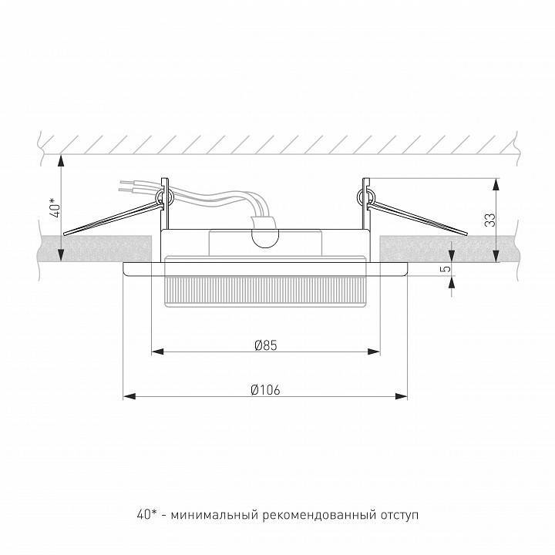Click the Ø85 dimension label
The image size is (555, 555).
pyautogui.click(x=265, y=345)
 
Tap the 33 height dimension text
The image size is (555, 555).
pyautogui.click(x=489, y=220)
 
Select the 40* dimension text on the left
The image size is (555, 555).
pyautogui.click(x=53, y=207)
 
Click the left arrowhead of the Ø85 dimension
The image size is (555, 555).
pyautogui.click(x=157, y=352)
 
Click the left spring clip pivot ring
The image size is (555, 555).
pyautogui.click(x=163, y=198)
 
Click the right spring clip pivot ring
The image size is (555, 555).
pyautogui.click(x=368, y=198)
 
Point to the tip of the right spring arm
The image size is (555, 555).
pyautogui.click(x=465, y=232)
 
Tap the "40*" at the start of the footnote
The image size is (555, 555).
pyautogui.click(x=143, y=513)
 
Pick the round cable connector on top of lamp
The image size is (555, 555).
pyautogui.click(x=264, y=234)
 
